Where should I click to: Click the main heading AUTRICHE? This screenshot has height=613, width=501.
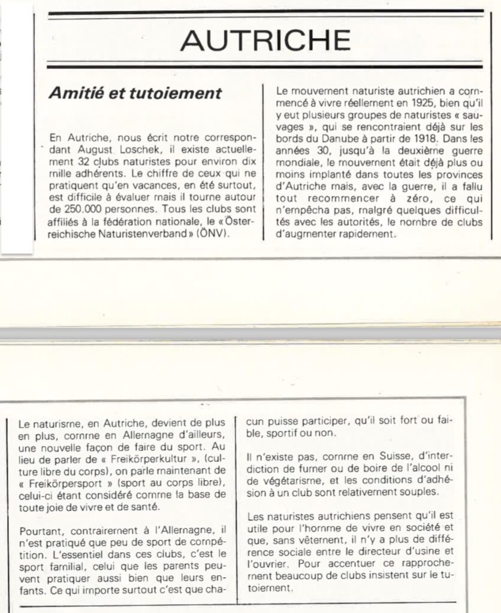(x=265, y=41)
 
